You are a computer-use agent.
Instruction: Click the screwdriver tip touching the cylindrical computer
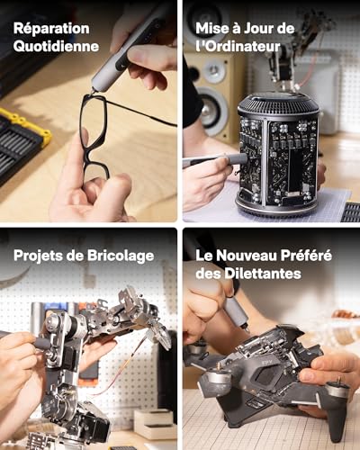pyautogui.click(x=241, y=158)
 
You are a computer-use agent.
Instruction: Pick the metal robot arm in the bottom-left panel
pyautogui.click(x=81, y=360)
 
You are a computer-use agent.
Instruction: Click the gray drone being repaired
pyautogui.click(x=270, y=378)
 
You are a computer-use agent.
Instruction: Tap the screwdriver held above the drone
pyautogui.click(x=236, y=310)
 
